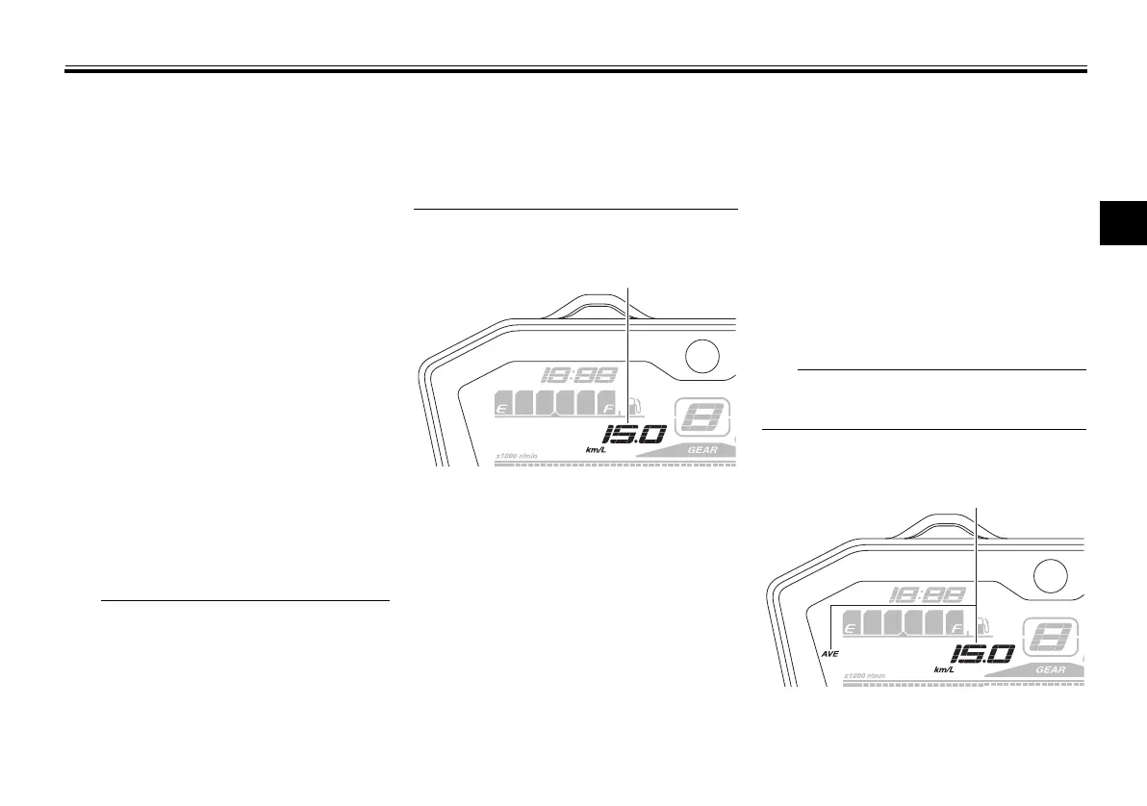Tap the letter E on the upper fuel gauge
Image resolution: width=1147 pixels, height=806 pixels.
tap(501, 410)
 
